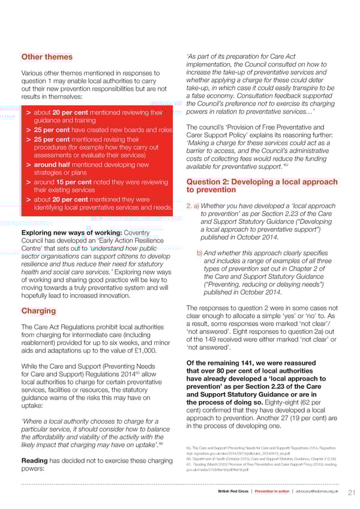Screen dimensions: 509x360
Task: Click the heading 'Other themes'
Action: [47, 57]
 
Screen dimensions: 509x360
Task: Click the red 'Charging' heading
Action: [38, 311]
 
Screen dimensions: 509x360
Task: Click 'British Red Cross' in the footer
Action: [233, 492]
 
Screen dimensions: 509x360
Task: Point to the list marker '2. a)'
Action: [192, 205]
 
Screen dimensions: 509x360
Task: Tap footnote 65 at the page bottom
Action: [190, 448]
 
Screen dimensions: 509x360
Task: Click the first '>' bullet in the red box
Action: [28, 112]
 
